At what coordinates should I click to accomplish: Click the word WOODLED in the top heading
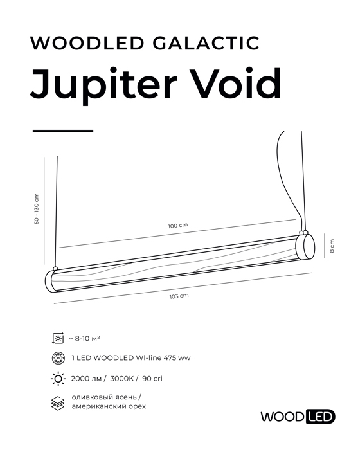tap(87, 43)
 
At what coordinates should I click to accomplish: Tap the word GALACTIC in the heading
tap(206, 43)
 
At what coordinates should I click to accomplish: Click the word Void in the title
tap(237, 83)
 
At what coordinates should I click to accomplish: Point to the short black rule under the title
tap(63, 131)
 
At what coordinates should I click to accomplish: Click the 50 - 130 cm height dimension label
tap(37, 209)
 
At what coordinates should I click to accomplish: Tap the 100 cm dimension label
tap(178, 226)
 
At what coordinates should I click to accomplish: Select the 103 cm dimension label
tap(179, 296)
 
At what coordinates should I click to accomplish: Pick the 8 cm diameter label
tap(332, 246)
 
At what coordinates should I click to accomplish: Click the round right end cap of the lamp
tap(305, 246)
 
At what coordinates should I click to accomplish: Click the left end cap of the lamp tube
tap(51, 281)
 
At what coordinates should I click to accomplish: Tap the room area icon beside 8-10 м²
tap(58, 339)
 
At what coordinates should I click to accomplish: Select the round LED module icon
tap(59, 358)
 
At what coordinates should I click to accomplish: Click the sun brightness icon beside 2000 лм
tap(58, 379)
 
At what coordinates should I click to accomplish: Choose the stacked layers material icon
tap(58, 403)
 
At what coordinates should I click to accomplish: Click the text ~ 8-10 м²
tap(84, 339)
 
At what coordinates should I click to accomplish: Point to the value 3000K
tap(122, 379)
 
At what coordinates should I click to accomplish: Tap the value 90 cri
tap(152, 379)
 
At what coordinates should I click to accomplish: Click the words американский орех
tap(109, 406)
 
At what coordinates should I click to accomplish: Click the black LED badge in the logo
tap(321, 417)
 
